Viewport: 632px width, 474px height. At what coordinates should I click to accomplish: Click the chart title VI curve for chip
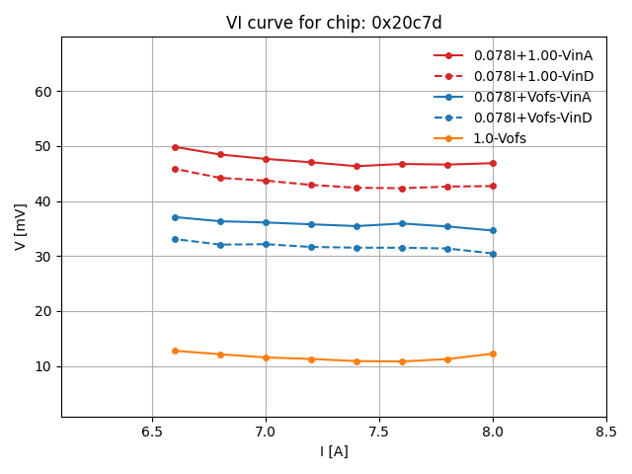[x=334, y=23]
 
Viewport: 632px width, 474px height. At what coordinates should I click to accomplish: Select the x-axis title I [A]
[x=334, y=451]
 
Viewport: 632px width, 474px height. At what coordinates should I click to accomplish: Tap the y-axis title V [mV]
[x=21, y=226]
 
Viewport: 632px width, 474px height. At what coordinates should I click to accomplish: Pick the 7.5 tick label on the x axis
[x=379, y=433]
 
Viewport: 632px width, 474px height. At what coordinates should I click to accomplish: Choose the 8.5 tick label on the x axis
[x=606, y=433]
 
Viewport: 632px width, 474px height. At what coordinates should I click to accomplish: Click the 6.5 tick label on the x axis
[x=152, y=433]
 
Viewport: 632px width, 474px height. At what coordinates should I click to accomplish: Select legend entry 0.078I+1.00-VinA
[x=531, y=56]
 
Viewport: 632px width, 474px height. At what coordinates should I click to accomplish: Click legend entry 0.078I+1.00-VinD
[x=531, y=77]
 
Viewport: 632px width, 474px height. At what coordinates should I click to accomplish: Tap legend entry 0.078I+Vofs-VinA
[x=531, y=97]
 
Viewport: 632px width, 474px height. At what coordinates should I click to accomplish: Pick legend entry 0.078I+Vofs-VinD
[x=531, y=118]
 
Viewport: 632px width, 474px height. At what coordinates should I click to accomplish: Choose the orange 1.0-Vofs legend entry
[x=499, y=138]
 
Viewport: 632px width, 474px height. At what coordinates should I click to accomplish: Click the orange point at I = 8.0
[x=493, y=354]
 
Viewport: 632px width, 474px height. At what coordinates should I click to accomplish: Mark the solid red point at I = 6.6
[x=175, y=147]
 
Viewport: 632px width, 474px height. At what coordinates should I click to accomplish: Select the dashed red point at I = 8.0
[x=493, y=186]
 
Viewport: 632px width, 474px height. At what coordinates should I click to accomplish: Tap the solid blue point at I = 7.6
[x=402, y=223]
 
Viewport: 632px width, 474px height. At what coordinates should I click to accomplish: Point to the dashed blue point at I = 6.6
[x=175, y=239]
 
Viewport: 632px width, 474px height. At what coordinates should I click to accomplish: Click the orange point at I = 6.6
[x=175, y=351]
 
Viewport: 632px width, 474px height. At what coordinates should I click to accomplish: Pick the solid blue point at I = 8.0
[x=493, y=230]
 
